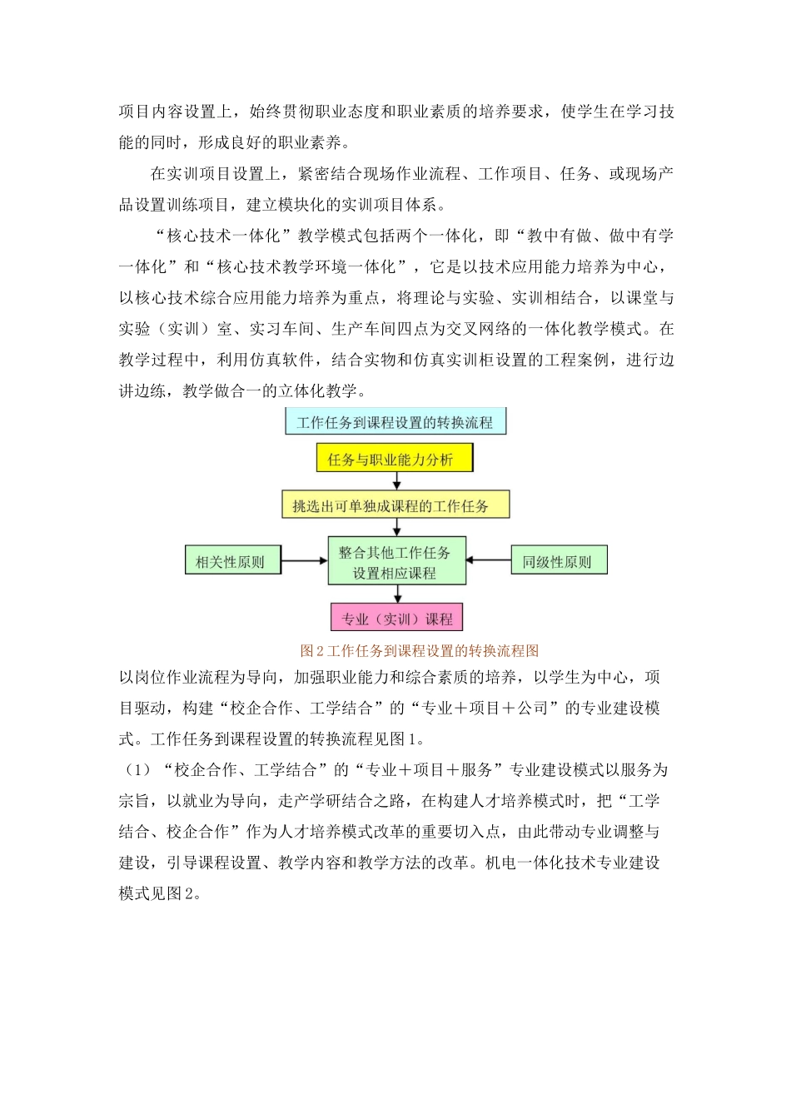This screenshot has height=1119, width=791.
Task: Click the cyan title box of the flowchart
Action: coord(395,422)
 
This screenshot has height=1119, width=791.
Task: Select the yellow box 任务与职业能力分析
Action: coord(394,459)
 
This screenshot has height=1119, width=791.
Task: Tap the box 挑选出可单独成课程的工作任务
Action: coord(395,505)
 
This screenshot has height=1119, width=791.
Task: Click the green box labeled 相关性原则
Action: coord(231,561)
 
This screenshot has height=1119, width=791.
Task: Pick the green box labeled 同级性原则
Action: coord(558,561)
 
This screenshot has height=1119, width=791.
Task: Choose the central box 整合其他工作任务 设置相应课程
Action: coord(395,562)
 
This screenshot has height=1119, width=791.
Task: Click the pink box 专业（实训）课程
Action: coord(396,619)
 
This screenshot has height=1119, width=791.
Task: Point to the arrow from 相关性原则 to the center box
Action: coord(305,561)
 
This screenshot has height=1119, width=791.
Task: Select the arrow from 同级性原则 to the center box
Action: coord(488,560)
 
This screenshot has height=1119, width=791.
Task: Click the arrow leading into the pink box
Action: coord(396,594)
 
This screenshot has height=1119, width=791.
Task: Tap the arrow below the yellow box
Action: coord(396,481)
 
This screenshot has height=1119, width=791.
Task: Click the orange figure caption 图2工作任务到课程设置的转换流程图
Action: coord(420,650)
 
